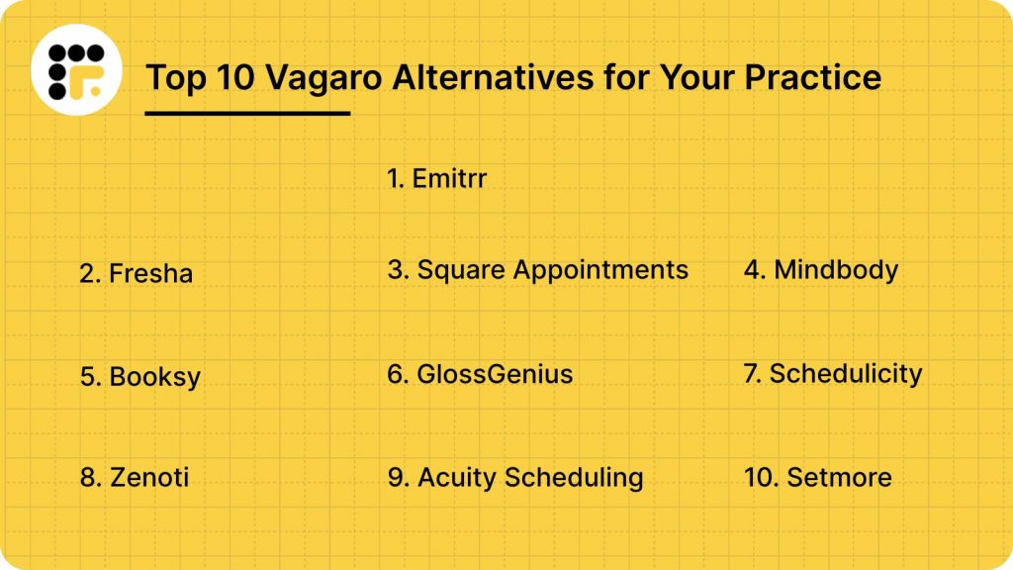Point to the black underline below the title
point(247,113)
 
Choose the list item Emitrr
point(437,179)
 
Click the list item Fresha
point(137,273)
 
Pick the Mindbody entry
point(821,269)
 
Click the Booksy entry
point(140,377)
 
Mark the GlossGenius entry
point(481,374)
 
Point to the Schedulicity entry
point(832,374)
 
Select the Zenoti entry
point(135,477)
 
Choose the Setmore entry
point(818,477)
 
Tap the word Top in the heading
point(172,76)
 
